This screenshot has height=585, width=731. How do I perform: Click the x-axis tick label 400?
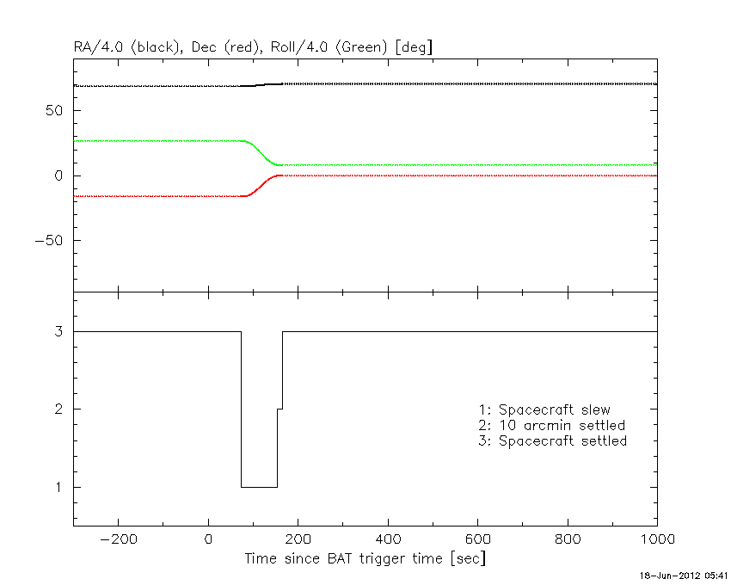point(388,539)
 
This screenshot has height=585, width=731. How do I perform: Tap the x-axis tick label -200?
point(119,539)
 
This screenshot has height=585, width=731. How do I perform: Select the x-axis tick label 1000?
point(657,539)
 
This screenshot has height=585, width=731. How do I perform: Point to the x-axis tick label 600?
point(478,539)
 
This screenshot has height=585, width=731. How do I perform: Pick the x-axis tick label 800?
point(568,539)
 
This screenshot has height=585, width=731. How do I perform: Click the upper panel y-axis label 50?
point(54,111)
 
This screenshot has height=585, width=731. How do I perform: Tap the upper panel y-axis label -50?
point(48,241)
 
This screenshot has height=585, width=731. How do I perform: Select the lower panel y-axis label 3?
point(58,331)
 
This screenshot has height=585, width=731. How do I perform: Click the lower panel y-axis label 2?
point(58,409)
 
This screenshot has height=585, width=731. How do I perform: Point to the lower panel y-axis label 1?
point(58,488)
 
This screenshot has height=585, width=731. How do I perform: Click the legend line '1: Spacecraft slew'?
point(544,409)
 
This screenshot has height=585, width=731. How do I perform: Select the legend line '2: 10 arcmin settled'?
point(551,426)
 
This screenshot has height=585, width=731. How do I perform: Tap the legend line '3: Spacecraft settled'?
point(552,440)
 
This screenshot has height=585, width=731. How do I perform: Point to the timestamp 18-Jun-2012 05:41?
point(683,576)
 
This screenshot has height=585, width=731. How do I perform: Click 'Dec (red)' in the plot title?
point(225,47)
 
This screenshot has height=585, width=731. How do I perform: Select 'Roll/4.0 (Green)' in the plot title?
point(329,47)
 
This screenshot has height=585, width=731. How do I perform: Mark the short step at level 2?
point(279,409)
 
